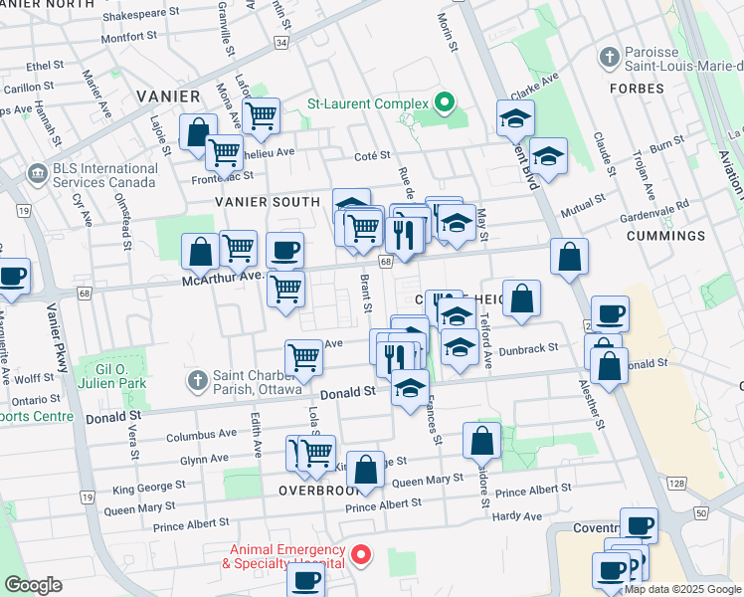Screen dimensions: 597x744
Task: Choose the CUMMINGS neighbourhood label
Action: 666,236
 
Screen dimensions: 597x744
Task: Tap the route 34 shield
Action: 282,43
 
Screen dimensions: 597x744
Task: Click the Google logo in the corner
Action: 33,584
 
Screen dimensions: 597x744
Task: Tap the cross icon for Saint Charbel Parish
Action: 198,380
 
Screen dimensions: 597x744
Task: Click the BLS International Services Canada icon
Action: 38,173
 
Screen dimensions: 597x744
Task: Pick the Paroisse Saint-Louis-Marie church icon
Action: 607,57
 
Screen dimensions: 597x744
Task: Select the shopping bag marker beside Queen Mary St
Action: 365,469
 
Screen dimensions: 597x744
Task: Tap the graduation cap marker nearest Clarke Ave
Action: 515,118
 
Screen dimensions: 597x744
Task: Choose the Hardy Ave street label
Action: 517,516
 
